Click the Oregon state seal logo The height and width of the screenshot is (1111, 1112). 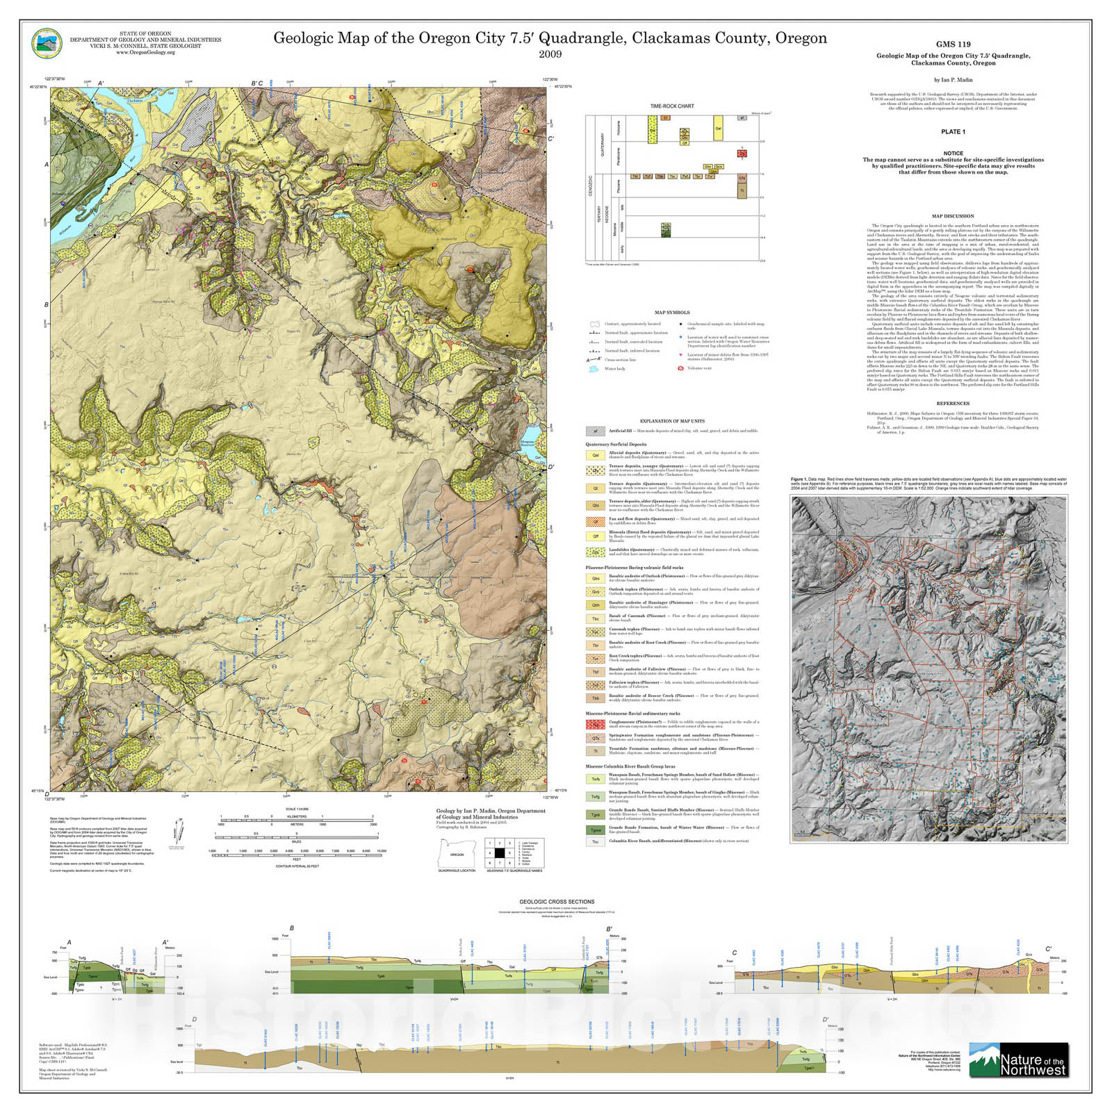click(x=47, y=43)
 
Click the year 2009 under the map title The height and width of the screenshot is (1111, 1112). click(x=550, y=54)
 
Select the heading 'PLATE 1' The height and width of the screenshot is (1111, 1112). click(x=953, y=131)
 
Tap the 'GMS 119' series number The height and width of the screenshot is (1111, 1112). click(x=953, y=44)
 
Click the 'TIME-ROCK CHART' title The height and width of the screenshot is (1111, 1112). click(x=671, y=106)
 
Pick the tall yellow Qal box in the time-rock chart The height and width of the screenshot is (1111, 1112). click(x=718, y=129)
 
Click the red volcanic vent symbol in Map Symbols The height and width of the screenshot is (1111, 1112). click(x=680, y=368)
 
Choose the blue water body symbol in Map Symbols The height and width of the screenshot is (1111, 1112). click(x=594, y=369)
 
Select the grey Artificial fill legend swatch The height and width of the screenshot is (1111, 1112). click(x=595, y=431)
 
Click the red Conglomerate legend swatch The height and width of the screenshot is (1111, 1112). click(x=596, y=724)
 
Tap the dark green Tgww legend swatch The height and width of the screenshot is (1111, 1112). click(x=596, y=830)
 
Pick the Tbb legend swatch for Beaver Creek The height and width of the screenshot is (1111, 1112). click(x=596, y=698)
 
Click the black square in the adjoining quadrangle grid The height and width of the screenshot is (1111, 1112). click(x=499, y=853)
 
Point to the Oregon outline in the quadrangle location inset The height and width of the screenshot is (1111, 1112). click(x=456, y=853)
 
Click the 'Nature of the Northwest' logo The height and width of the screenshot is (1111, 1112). click(x=1018, y=1060)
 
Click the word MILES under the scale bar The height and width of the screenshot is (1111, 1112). click(x=296, y=841)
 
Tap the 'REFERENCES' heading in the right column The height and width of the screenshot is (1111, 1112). click(x=952, y=404)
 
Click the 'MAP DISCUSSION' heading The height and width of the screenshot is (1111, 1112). click(x=953, y=216)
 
